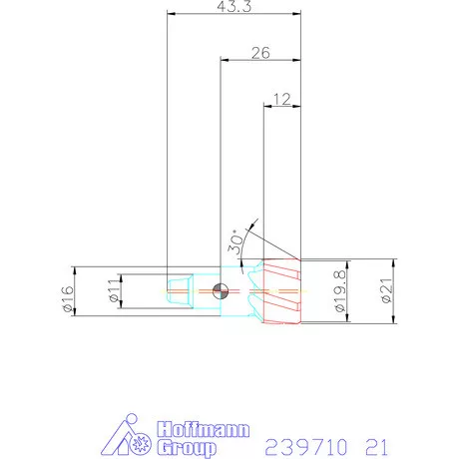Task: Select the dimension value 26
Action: click(x=261, y=54)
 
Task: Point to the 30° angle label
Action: click(x=236, y=239)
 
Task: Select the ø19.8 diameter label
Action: click(x=340, y=291)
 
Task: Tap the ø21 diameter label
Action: click(x=384, y=289)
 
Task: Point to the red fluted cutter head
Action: click(x=279, y=290)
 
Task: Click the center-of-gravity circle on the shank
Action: click(x=222, y=290)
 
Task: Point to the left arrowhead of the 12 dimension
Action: click(x=265, y=104)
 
